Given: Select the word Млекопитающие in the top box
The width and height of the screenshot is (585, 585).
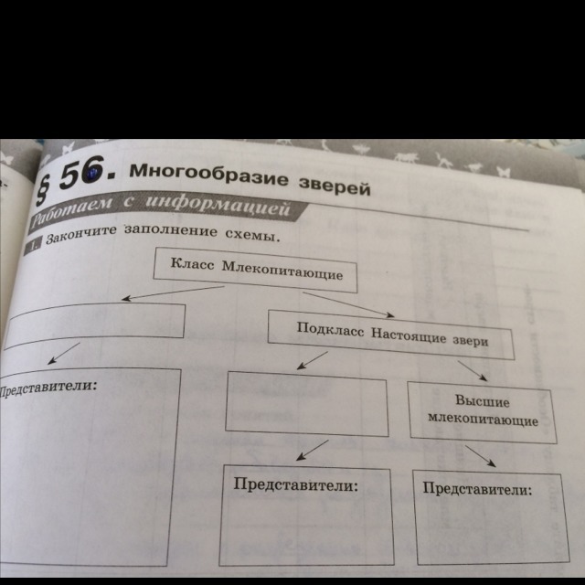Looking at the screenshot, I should (x=297, y=273).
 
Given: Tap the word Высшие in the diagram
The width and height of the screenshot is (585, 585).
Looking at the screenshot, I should (x=481, y=402).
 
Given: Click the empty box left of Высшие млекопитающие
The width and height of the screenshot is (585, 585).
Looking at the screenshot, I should (x=306, y=404).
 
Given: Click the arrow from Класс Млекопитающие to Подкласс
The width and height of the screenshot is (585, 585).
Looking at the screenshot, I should (x=347, y=304).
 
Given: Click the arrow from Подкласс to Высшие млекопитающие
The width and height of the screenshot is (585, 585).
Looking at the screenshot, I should (x=473, y=369).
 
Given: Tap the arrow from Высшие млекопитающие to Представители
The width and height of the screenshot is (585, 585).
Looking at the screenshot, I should (x=479, y=455).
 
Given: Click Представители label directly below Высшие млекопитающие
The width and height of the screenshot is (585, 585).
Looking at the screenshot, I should (x=477, y=490).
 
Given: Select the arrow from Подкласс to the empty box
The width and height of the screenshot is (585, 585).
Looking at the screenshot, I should (x=314, y=362).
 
